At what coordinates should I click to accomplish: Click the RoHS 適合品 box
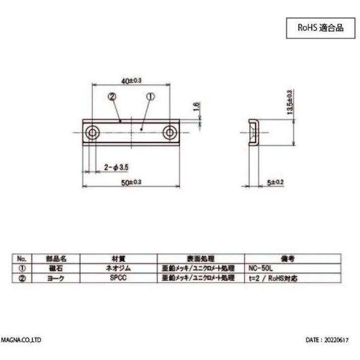coord(319,28)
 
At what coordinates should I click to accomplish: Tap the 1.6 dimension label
coord(196,107)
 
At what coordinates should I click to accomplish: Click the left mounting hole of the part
coord(92,133)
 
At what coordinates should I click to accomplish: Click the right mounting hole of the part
coord(170,133)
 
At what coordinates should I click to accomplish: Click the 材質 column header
coord(118,258)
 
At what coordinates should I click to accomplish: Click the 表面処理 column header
coord(200,258)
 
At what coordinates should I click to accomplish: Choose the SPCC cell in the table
coord(118,278)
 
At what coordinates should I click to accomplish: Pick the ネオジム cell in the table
coord(118,268)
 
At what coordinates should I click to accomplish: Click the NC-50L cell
coord(263,268)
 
